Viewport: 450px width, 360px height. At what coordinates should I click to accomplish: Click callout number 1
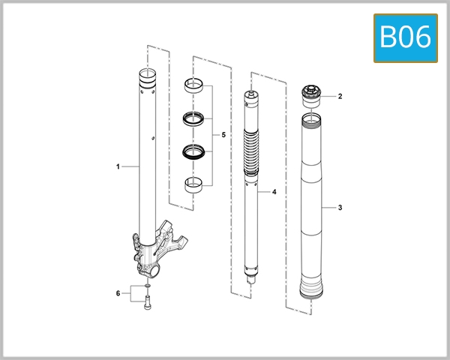click(x=118, y=166)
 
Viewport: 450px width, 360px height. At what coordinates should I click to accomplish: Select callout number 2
click(x=340, y=96)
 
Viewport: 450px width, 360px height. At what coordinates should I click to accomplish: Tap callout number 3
click(x=340, y=207)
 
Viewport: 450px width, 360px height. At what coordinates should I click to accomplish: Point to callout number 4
click(x=274, y=193)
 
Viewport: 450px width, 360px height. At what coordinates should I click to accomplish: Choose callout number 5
click(x=223, y=135)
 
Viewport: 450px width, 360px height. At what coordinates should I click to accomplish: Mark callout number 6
click(x=118, y=292)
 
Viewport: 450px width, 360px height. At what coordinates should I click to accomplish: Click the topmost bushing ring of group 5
click(x=194, y=85)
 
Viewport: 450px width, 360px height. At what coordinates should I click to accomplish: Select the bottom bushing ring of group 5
click(x=194, y=184)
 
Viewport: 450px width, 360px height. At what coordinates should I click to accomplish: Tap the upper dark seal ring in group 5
click(x=194, y=118)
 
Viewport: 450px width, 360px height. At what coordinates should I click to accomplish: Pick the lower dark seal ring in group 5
click(x=194, y=151)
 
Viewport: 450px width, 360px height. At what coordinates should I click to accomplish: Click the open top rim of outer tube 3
click(x=310, y=118)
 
